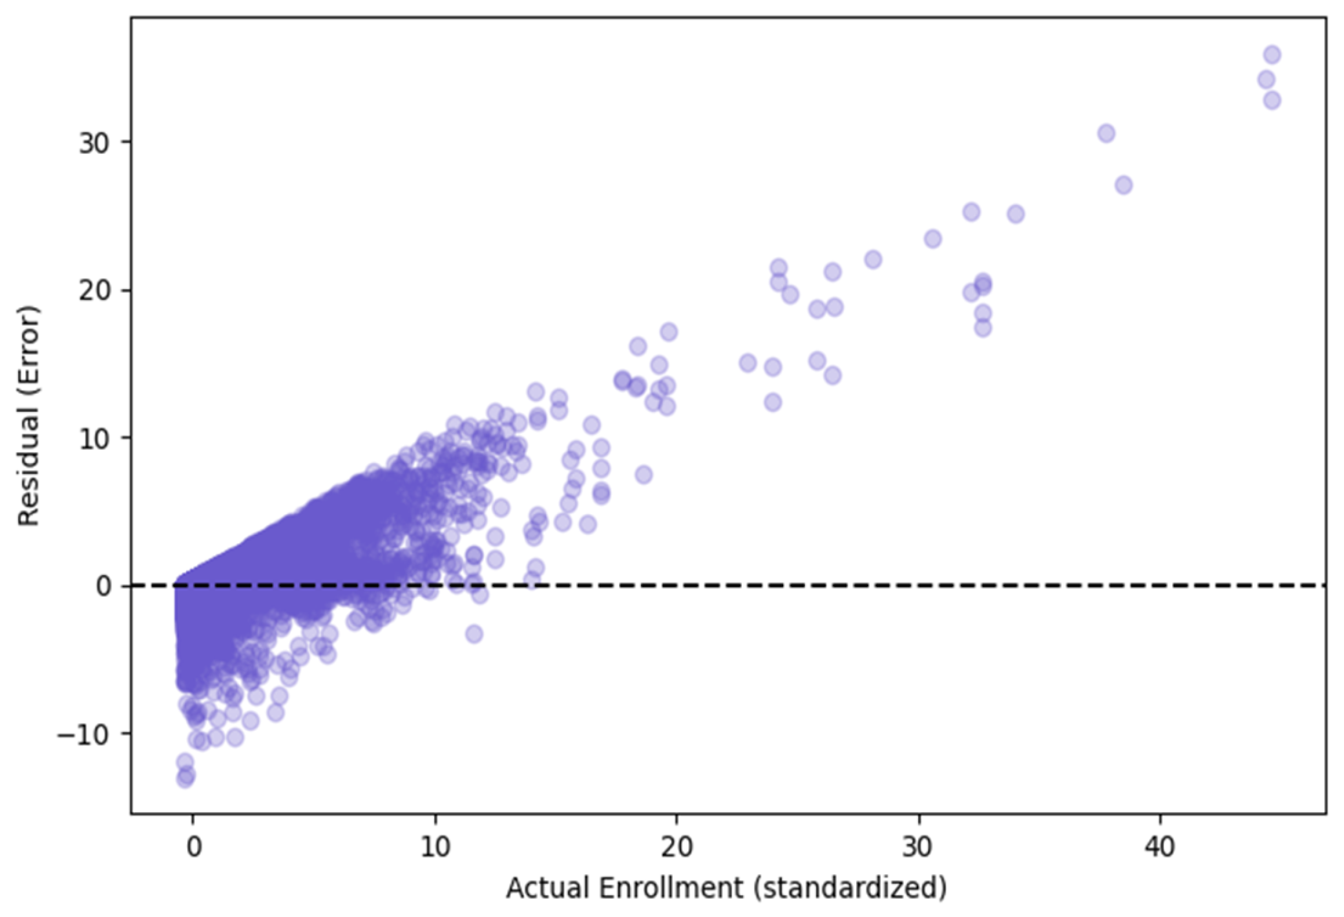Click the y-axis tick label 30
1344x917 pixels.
point(94,143)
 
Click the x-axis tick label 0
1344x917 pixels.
point(193,847)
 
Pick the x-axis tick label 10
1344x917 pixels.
point(435,847)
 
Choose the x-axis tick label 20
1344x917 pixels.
point(677,847)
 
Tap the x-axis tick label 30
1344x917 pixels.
point(918,847)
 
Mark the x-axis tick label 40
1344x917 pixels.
point(1160,847)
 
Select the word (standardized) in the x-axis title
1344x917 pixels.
point(849,888)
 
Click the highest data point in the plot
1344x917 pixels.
point(1272,55)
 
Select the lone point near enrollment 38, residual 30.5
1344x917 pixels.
point(1106,134)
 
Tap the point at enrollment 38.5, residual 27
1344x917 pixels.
point(1124,186)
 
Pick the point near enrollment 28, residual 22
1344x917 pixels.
point(873,260)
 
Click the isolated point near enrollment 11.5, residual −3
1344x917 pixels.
point(474,634)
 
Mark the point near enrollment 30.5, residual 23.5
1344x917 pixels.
point(932,239)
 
